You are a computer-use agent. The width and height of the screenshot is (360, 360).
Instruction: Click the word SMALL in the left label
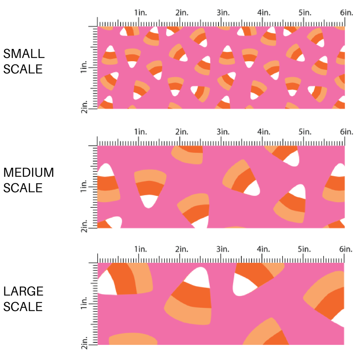coord(24,54)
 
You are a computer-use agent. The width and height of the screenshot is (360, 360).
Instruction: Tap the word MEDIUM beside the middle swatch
coord(29,173)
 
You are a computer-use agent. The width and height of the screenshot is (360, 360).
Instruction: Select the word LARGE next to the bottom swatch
coord(24,292)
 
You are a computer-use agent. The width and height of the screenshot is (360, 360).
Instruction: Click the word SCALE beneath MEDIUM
coord(23,188)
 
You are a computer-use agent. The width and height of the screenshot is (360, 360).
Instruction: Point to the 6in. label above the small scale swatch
coord(347,13)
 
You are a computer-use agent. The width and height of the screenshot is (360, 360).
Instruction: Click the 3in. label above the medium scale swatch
coord(223,131)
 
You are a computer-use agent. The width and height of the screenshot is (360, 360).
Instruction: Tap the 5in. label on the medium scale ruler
coord(305,131)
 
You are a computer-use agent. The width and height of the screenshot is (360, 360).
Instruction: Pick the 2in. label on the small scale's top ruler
coord(182,13)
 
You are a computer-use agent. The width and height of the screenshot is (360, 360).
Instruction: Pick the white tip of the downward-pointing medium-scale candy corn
coord(149,202)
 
